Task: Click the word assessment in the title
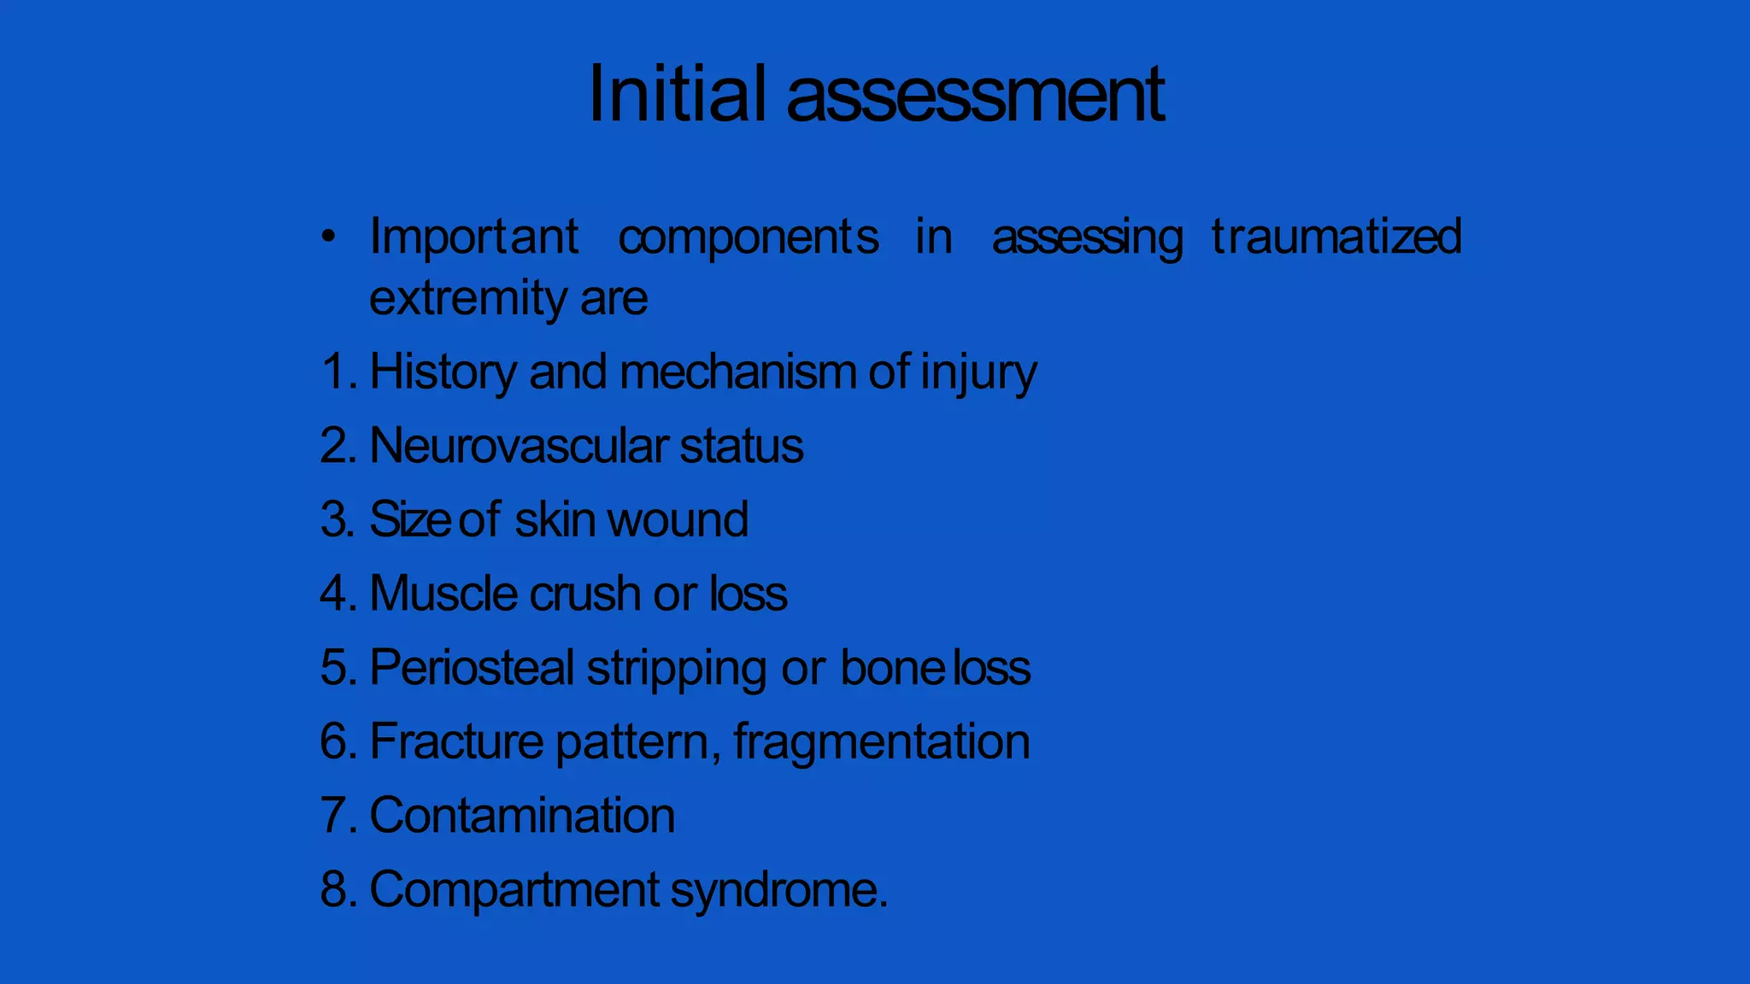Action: point(975,95)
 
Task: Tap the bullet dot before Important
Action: point(329,237)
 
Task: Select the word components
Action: point(748,237)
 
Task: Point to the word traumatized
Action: point(1336,237)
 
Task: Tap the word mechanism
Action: point(738,372)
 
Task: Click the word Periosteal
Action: point(472,667)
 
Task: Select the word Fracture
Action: point(456,741)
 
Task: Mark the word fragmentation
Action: point(881,742)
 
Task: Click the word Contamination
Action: point(522,815)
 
